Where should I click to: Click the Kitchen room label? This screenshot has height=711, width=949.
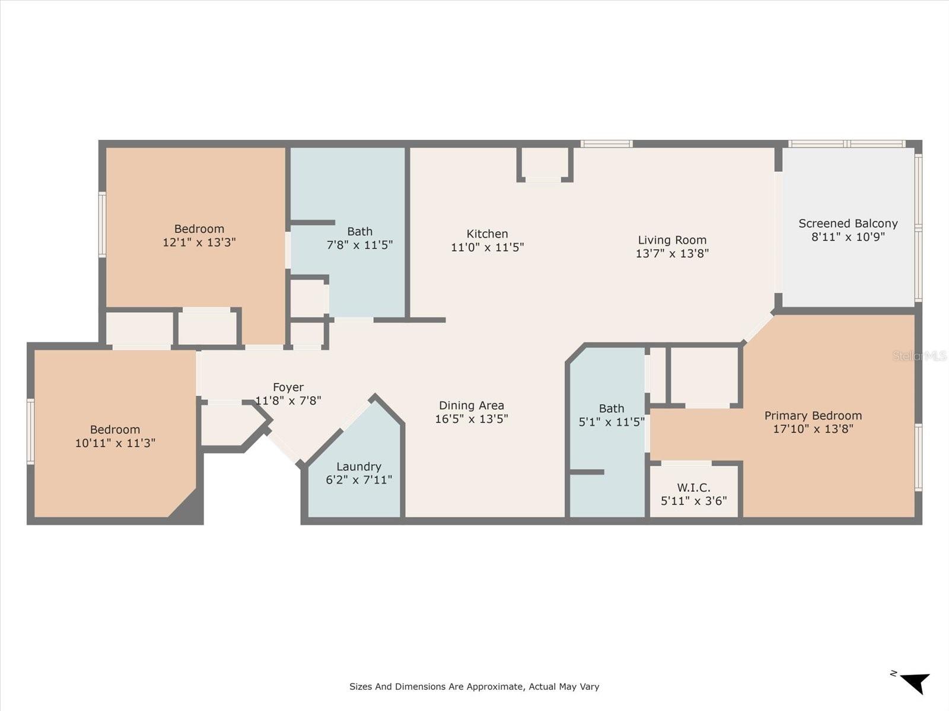[487, 233]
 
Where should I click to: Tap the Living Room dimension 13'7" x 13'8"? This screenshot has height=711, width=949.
[672, 254]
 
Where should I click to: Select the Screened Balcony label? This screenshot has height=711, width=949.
[848, 223]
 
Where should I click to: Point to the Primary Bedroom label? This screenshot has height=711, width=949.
[813, 415]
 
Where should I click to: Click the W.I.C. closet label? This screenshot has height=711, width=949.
[693, 487]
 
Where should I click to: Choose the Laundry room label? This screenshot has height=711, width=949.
[358, 466]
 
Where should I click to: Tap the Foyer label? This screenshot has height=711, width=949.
[288, 387]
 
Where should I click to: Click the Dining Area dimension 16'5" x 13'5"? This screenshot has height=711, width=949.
[472, 419]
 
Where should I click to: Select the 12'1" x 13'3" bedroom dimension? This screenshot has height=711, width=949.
[199, 242]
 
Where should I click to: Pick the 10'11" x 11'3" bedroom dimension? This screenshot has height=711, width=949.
[115, 443]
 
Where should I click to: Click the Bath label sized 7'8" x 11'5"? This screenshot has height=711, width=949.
[360, 231]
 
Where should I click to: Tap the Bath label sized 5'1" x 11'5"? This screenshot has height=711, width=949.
[612, 408]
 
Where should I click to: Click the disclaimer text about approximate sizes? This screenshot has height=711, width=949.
[474, 687]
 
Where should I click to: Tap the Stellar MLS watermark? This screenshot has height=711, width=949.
[919, 355]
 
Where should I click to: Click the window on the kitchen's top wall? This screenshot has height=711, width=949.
[606, 143]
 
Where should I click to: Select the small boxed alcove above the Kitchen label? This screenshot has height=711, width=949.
[544, 163]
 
